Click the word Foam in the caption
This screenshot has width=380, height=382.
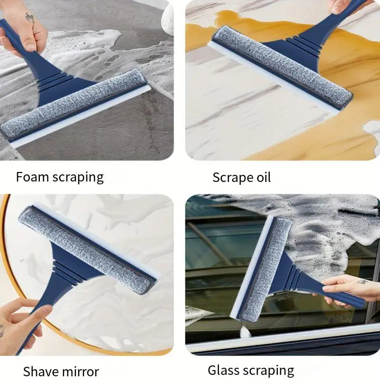click(32, 177)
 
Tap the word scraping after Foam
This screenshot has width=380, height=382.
click(78, 178)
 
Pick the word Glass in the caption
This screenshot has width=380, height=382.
click(224, 370)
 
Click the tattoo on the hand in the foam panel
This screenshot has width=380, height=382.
click(29, 18)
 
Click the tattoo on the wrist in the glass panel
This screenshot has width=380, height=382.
click(362, 281)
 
